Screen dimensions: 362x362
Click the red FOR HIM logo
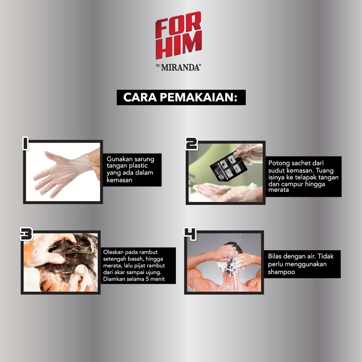pos(179,35)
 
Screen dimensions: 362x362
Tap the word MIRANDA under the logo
pos(181,68)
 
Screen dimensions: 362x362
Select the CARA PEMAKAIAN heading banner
pos(181,97)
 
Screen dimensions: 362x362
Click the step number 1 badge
pos(25,143)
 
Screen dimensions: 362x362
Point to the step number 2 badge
pos(191,144)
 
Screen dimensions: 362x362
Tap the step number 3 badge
pos(26,234)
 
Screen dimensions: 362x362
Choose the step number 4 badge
pos(190,234)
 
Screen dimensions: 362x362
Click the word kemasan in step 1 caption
pos(119,180)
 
